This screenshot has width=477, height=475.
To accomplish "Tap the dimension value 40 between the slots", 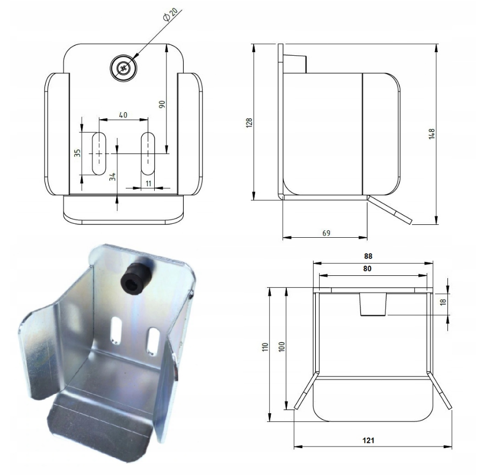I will click(123, 115).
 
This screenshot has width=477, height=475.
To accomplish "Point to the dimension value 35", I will click(77, 153).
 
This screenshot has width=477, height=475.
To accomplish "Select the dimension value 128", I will click(249, 123).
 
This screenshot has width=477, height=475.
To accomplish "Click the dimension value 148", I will click(431, 134).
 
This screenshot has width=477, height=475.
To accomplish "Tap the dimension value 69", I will click(326, 233).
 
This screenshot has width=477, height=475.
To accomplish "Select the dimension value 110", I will click(264, 348).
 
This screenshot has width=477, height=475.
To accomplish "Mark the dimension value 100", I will click(281, 348).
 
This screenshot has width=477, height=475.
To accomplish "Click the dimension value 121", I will click(368, 440).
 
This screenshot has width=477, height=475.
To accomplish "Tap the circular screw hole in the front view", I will click(124, 68).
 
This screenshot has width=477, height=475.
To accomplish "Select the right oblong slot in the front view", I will click(148, 153).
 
